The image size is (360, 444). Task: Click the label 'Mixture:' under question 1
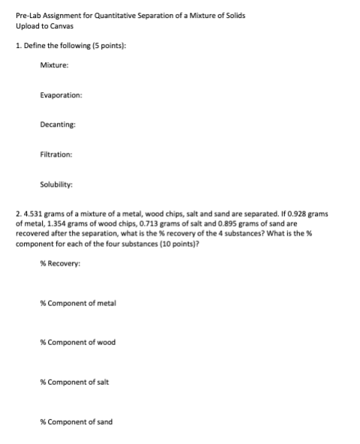point(54,67)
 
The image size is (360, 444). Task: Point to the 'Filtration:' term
point(57,154)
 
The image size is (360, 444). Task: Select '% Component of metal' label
point(79,303)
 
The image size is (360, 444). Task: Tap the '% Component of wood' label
point(79,343)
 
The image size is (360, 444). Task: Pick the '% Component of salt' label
point(77,382)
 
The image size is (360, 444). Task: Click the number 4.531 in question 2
point(32,214)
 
